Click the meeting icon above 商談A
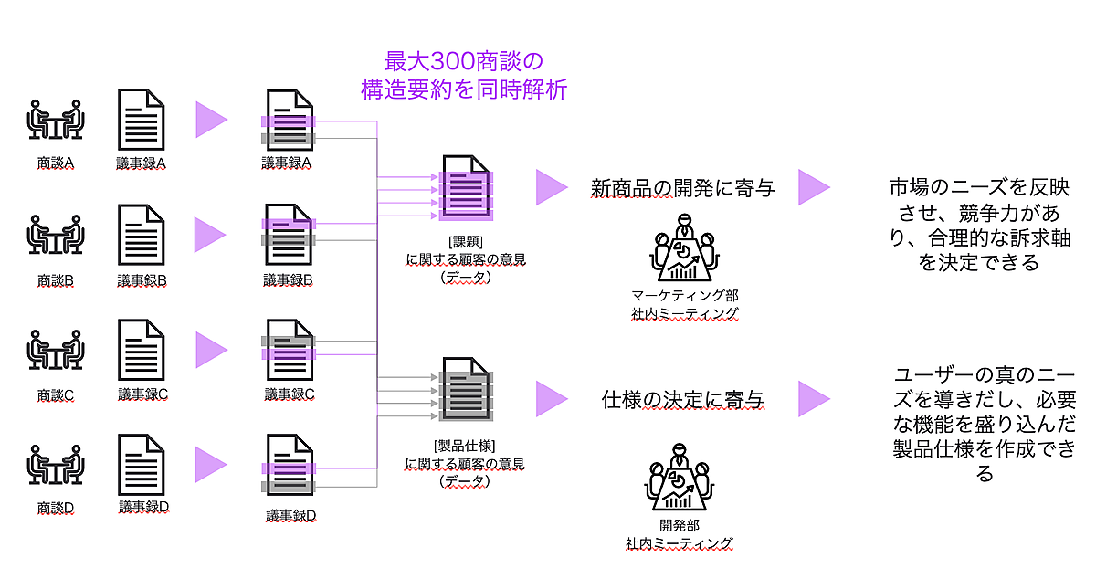coord(57,118)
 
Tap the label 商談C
coord(57,394)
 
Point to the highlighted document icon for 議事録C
coord(289,349)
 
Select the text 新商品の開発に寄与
coord(682,189)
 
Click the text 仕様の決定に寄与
coord(682,399)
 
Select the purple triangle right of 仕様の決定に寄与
coord(813,399)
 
